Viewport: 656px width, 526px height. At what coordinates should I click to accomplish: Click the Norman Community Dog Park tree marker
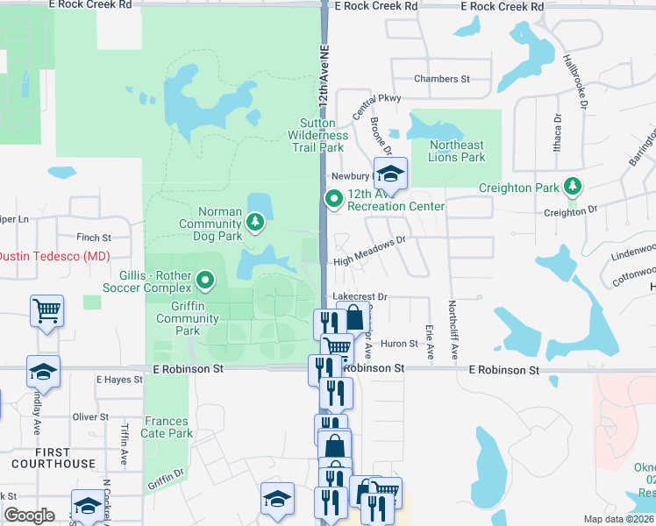coord(255,223)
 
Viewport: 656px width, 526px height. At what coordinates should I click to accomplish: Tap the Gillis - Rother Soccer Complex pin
coord(206,281)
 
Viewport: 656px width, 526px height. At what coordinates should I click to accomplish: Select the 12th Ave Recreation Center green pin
coord(333,200)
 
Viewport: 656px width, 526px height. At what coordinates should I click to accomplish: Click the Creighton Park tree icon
coord(573,186)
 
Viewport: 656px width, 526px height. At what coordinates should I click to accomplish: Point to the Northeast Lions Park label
coord(457,152)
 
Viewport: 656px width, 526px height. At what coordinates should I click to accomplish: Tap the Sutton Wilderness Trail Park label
coord(317,136)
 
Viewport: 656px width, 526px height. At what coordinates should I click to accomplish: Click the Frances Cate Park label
coord(168,428)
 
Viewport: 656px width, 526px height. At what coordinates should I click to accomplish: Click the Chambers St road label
coord(442,79)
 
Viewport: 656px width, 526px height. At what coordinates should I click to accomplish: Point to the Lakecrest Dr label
coord(360,298)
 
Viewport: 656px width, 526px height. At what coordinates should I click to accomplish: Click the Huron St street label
coord(399,344)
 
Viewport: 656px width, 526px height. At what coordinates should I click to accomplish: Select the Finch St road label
coord(94,238)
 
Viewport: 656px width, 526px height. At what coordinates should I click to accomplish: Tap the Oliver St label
coord(90,416)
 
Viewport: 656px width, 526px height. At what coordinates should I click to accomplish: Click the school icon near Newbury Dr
coord(391,173)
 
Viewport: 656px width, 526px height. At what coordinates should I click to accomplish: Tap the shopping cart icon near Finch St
coord(46,310)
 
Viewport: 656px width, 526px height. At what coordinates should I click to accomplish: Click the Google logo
coord(29,515)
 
